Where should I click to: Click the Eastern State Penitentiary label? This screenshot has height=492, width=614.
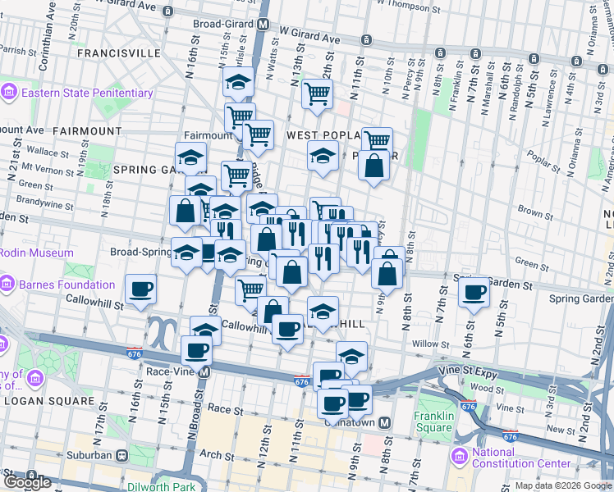pos(87,93)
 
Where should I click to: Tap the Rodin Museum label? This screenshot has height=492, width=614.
pos(36,253)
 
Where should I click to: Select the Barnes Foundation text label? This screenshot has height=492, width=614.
pos(68,285)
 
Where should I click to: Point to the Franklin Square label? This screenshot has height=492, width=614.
pos(433,421)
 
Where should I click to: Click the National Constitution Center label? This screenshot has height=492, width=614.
pos(516,458)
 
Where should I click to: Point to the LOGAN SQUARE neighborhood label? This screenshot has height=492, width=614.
pos(48,401)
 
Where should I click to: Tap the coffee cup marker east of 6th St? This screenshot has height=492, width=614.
pos(474,293)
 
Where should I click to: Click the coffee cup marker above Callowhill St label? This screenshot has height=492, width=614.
pos(139,288)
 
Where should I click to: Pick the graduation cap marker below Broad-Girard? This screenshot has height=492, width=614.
pos(238,81)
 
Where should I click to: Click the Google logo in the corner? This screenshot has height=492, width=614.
pos(27,482)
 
